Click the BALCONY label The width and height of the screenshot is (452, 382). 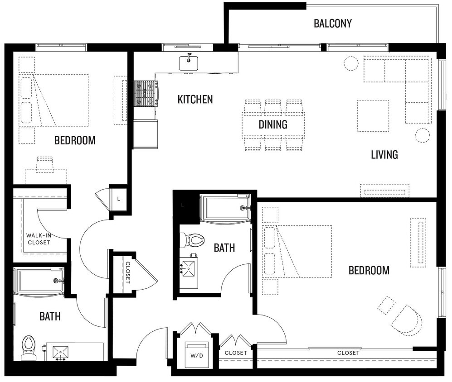point(332,24)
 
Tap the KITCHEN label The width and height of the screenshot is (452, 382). point(195,100)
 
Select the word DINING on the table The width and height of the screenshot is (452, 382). point(273,124)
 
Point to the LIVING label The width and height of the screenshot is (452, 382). point(384,155)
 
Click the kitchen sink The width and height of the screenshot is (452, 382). point(189,62)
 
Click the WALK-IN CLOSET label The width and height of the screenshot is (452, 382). point(38,239)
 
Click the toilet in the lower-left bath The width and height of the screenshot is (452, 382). point(29,347)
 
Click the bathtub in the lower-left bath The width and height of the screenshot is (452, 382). point(39,281)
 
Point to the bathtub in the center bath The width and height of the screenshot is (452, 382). point(225,208)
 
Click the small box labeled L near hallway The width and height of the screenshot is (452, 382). point(119,198)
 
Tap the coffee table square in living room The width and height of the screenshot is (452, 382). point(373,116)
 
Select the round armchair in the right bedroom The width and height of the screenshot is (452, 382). point(407,320)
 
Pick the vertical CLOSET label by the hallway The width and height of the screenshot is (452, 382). point(128,272)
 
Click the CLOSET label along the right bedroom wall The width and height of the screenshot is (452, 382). point(348,353)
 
